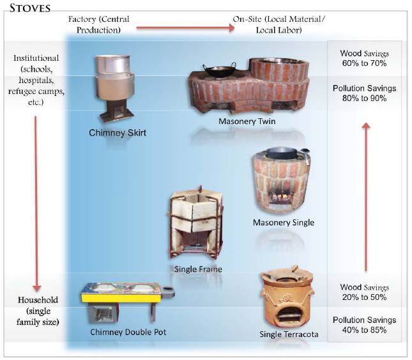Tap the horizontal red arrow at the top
pos(185,27)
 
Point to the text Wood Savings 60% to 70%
pos(365,58)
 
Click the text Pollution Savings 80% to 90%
pos(365,93)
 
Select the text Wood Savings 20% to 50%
pos(365,293)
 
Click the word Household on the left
pos(38,300)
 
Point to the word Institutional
pos(36,58)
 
